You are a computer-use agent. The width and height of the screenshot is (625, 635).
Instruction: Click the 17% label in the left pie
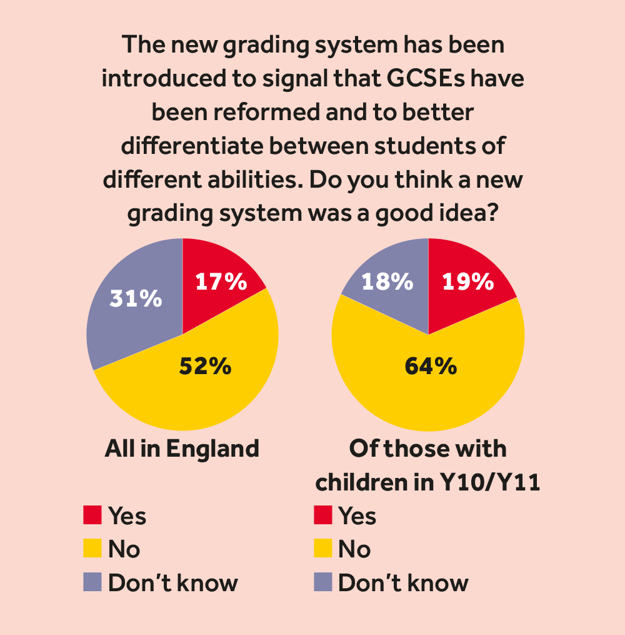pyautogui.click(x=221, y=282)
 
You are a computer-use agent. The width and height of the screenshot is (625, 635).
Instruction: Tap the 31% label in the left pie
pyautogui.click(x=136, y=298)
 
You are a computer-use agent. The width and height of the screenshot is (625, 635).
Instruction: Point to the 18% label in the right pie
pyautogui.click(x=387, y=282)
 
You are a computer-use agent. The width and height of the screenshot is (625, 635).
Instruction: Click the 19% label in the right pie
pyautogui.click(x=468, y=282)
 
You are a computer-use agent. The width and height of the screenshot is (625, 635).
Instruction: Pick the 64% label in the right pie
pyautogui.click(x=430, y=366)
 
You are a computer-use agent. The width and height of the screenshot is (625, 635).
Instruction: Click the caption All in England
pyautogui.click(x=182, y=449)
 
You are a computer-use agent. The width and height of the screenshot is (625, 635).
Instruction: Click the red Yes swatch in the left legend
pyautogui.click(x=92, y=516)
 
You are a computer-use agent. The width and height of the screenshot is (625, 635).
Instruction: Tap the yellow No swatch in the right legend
pyautogui.click(x=322, y=549)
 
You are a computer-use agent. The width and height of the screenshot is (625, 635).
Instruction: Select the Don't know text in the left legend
pyautogui.click(x=173, y=583)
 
